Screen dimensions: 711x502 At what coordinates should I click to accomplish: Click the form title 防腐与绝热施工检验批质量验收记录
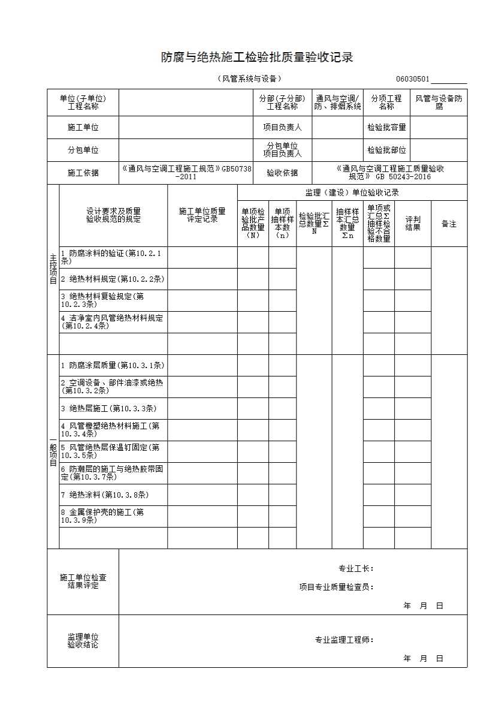click(x=256, y=58)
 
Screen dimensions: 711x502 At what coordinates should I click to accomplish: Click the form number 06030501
click(x=412, y=79)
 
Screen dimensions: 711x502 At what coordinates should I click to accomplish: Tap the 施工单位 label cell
click(x=83, y=127)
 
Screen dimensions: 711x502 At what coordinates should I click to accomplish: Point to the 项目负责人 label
click(x=282, y=127)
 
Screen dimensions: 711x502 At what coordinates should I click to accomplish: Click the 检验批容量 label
click(x=386, y=127)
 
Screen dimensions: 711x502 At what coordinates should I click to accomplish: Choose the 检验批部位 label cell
click(x=386, y=150)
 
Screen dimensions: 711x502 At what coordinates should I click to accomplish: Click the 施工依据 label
click(x=83, y=173)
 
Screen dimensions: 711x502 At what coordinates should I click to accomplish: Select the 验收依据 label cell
click(x=282, y=173)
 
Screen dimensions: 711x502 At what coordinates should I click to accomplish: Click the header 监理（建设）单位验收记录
click(x=352, y=192)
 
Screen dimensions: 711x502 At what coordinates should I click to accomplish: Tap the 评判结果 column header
click(x=413, y=224)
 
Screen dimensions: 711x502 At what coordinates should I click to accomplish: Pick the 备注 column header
click(x=449, y=224)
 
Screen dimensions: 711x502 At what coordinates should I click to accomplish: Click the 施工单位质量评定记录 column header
click(x=202, y=215)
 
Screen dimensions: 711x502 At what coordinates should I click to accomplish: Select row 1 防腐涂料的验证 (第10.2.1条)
click(x=113, y=258)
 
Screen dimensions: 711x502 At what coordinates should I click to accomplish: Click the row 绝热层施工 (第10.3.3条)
click(x=113, y=409)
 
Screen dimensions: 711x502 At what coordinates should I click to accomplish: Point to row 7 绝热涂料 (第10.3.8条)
click(x=113, y=495)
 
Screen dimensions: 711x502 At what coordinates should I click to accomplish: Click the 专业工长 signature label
click(x=356, y=568)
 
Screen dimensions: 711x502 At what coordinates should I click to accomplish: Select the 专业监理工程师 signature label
click(x=344, y=640)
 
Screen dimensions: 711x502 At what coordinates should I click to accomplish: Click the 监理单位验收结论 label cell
click(x=83, y=641)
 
